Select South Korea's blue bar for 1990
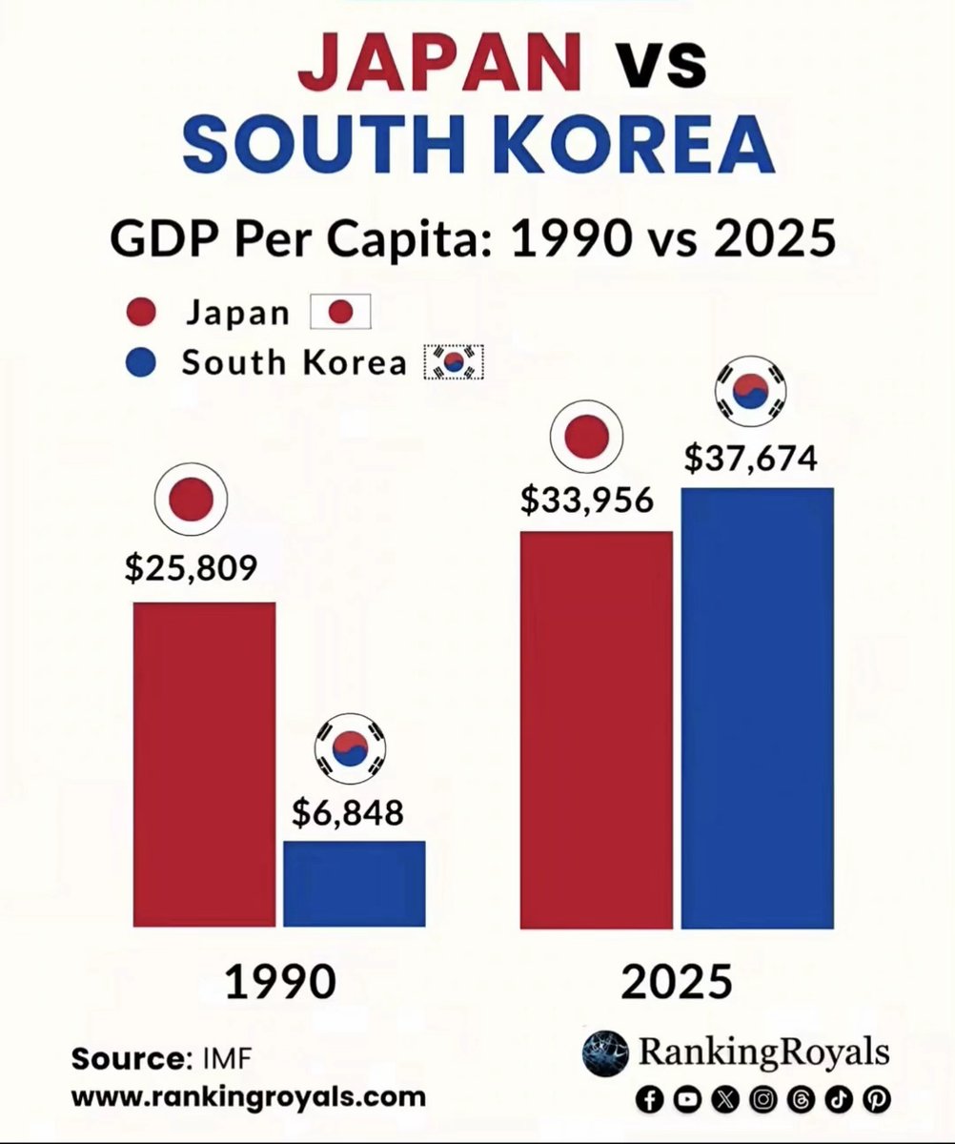(x=355, y=883)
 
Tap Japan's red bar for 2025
(x=596, y=729)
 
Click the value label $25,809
(x=191, y=568)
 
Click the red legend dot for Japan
(x=140, y=314)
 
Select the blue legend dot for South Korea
(x=140, y=363)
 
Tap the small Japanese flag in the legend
(x=340, y=313)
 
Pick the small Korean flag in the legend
(x=454, y=362)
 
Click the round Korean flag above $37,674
(x=752, y=392)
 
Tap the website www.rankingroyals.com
(x=249, y=1096)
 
